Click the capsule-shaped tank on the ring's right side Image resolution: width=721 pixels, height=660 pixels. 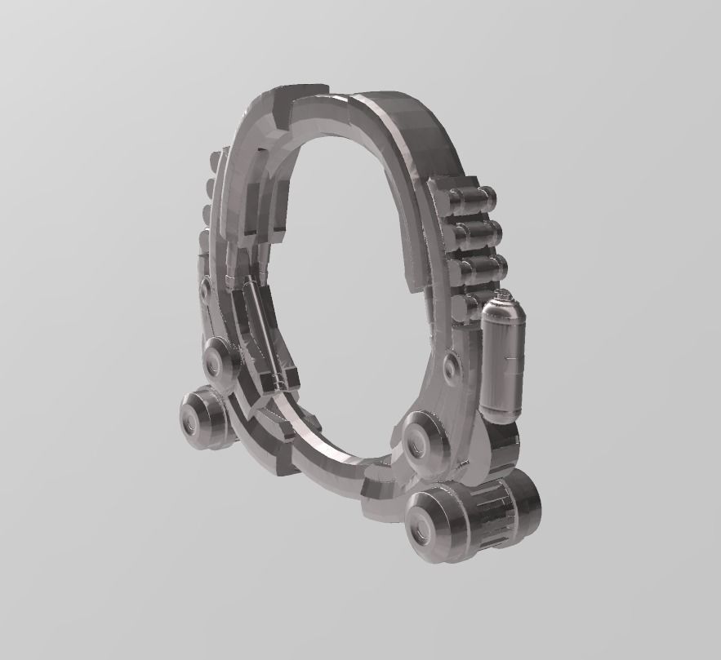tap(502, 359)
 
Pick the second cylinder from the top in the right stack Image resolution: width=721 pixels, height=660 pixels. tap(476, 233)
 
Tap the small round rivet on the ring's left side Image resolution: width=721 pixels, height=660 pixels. tap(203, 286)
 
